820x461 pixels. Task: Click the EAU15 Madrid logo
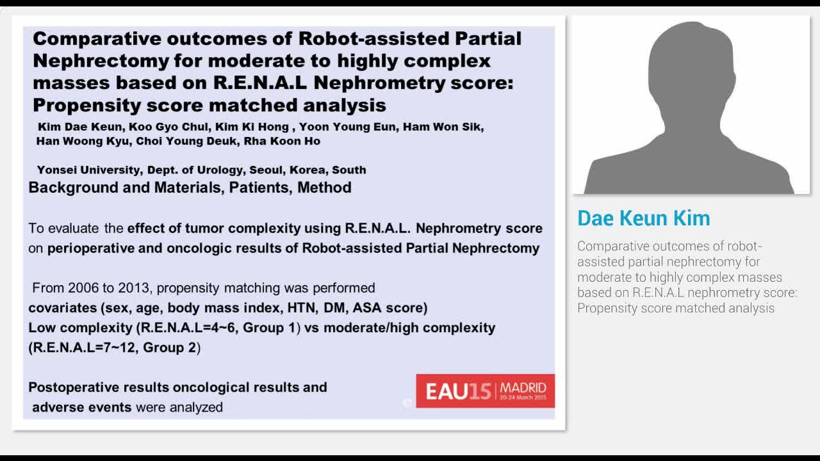tap(485, 391)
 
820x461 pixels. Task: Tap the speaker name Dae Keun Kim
tap(643, 218)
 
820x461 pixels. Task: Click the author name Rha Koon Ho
tap(281, 141)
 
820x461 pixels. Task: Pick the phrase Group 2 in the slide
tap(170, 348)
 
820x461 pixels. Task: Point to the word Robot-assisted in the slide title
tap(373, 38)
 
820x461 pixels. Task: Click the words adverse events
tap(82, 407)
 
